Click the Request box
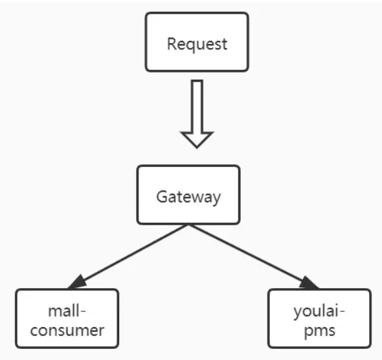pos(197,42)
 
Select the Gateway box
pos(188,195)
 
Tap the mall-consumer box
pos(67,319)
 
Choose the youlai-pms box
pos(319,319)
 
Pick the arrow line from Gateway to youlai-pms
pos(249,254)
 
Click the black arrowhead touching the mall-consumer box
pos(77,282)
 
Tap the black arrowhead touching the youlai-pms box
pos(309,282)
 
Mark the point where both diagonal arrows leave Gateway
pos(188,225)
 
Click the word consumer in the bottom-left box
pos(67,330)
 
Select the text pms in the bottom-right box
pos(319,330)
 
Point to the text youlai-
pos(319,309)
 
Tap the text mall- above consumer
pos(67,309)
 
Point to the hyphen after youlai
pos(342,311)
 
